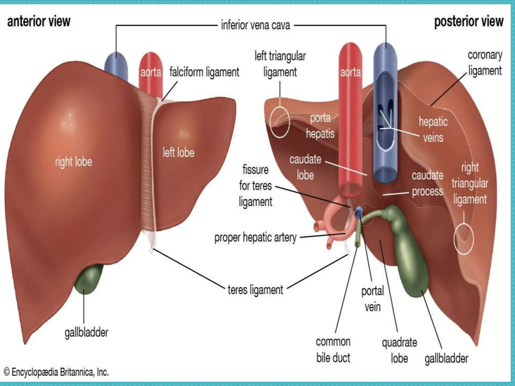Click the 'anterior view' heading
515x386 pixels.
39,21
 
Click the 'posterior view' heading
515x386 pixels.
469,21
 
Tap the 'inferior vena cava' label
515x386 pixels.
255,25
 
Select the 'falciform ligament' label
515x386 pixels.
204,72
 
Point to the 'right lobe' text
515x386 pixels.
73,162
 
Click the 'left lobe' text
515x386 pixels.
179,153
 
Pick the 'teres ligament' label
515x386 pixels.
255,290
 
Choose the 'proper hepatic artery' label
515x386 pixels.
255,237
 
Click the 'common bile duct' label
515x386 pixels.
333,350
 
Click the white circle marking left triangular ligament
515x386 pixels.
280,122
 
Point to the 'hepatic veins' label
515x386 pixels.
433,130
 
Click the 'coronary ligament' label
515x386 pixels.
485,63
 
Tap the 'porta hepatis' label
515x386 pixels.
320,126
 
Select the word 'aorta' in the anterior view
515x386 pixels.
151,73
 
